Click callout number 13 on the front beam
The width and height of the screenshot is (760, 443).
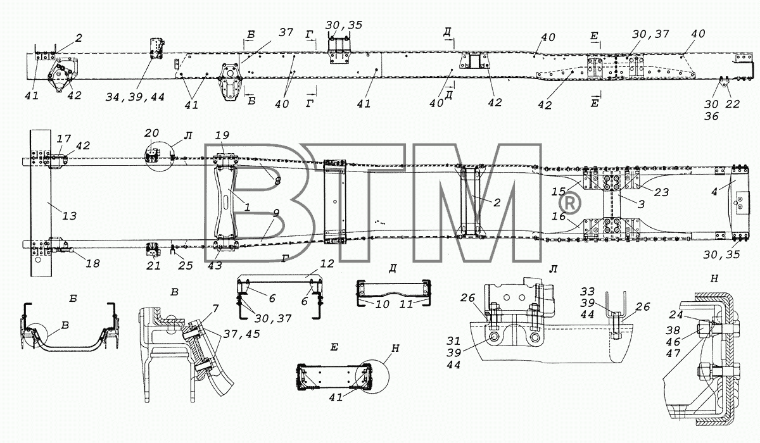point(69,216)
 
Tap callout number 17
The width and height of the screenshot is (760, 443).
point(64,139)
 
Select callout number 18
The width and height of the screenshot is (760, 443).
point(92,263)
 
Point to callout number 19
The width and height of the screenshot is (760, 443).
point(222,135)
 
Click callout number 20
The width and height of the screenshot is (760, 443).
point(151,133)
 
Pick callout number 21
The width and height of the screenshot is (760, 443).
point(153,265)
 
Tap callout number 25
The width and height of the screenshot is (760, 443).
point(186,265)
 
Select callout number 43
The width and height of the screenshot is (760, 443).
point(215,265)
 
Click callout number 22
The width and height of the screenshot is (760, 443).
point(732,104)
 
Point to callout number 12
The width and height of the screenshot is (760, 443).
point(327,264)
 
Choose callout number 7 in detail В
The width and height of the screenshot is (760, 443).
point(215,308)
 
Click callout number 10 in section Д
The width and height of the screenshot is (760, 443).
point(383,304)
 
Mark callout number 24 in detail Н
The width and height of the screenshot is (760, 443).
point(676,315)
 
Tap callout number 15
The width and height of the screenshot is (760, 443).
point(559,192)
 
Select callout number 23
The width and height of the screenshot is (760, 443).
point(661,192)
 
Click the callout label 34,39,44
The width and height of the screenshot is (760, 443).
point(135,97)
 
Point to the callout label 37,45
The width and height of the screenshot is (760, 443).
point(241,334)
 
